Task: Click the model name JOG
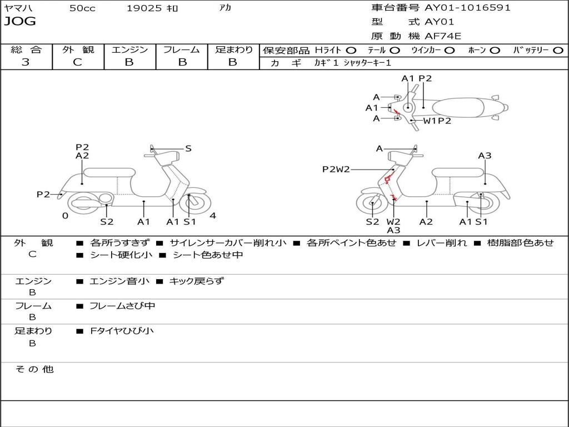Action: point(20,22)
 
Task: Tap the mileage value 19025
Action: point(144,8)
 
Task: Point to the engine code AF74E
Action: point(443,36)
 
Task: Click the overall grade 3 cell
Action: point(26,62)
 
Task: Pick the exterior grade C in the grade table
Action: point(77,62)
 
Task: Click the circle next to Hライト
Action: point(351,50)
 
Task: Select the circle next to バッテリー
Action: point(558,50)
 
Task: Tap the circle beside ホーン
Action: point(495,50)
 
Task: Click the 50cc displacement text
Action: point(82,8)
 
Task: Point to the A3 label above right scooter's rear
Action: point(485,156)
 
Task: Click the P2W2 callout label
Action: point(336,169)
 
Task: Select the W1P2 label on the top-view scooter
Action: point(437,121)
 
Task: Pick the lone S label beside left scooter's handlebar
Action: point(188,148)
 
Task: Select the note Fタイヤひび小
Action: point(122,331)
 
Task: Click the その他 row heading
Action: point(34,369)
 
